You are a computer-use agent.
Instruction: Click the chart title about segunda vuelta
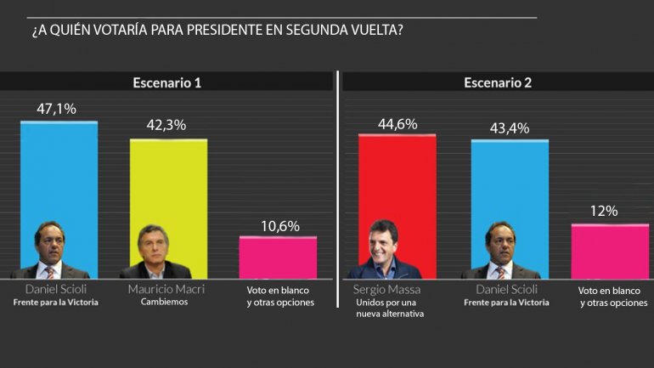tap(217, 31)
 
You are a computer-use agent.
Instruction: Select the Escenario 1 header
tap(166, 82)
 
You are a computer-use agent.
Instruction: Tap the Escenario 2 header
tap(498, 82)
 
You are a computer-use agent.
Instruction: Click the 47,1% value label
tap(57, 109)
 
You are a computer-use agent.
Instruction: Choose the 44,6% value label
tap(397, 123)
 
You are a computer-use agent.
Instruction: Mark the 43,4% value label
tap(509, 127)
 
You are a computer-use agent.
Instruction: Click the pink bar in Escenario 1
tap(278, 257)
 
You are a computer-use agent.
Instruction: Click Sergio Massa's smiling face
tap(382, 241)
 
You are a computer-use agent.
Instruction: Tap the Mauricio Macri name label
tap(166, 290)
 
